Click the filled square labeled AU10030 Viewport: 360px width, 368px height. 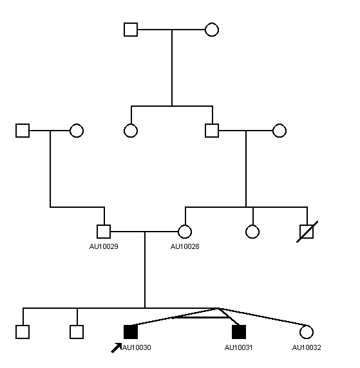[131, 332]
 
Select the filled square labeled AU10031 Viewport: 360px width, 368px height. [239, 332]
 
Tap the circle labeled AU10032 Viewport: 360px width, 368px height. [307, 332]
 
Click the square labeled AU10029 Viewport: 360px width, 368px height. [104, 232]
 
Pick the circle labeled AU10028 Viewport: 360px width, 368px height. [185, 232]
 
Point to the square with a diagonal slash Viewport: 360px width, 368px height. [307, 232]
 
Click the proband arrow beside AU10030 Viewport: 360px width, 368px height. [116, 348]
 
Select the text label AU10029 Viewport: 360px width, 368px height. [104, 246]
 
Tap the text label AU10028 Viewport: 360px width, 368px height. [185, 246]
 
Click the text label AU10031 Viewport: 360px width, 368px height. [238, 347]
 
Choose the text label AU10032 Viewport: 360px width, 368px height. [307, 347]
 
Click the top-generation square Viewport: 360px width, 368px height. [131, 30]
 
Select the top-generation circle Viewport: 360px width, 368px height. [212, 30]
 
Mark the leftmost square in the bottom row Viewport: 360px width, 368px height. [23, 332]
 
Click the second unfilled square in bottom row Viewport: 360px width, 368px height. [77, 332]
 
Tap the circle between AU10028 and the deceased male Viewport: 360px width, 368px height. [252, 232]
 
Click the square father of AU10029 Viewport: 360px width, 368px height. [23, 131]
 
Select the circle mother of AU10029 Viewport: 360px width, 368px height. [77, 131]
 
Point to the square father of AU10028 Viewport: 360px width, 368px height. [212, 131]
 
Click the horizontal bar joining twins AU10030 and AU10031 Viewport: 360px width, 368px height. [200, 318]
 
